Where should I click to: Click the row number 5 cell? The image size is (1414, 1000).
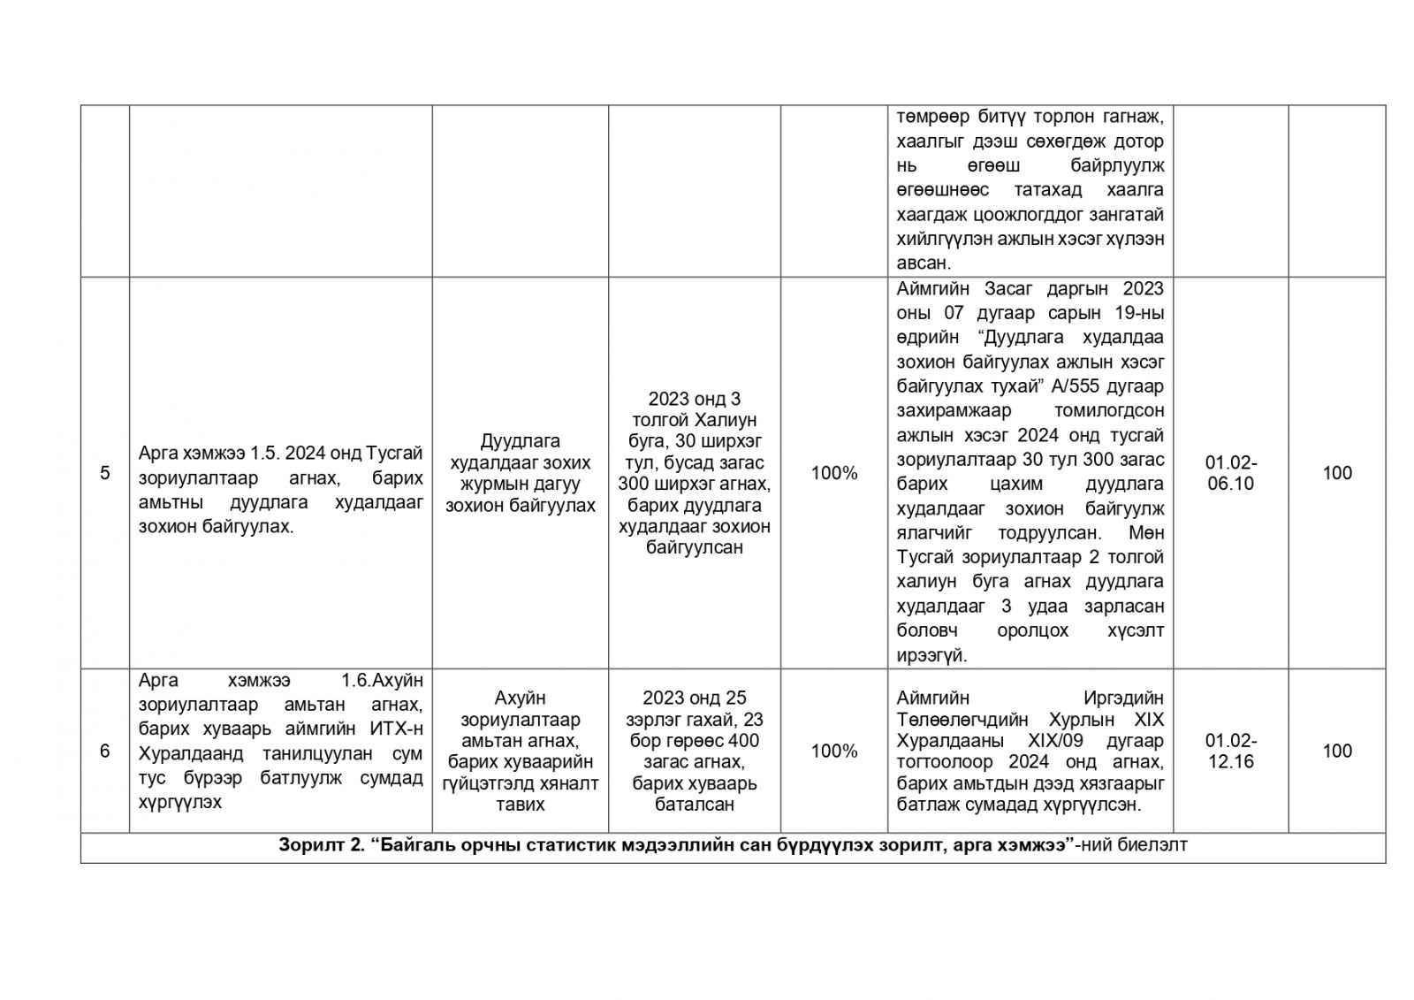click(104, 473)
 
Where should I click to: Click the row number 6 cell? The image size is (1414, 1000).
click(104, 751)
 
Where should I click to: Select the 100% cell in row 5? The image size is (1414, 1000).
click(834, 473)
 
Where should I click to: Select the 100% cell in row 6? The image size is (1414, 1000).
click(834, 751)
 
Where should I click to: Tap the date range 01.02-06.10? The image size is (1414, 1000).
click(1230, 473)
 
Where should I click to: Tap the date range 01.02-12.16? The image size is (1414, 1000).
click(1230, 751)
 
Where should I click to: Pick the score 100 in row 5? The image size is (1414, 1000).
click(1336, 473)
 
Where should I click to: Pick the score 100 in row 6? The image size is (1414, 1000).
click(1336, 751)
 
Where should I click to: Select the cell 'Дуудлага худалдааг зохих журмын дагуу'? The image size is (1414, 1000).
click(520, 473)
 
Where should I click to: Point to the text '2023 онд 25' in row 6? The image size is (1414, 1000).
click(695, 698)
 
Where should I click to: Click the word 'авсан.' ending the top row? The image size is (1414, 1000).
click(923, 263)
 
